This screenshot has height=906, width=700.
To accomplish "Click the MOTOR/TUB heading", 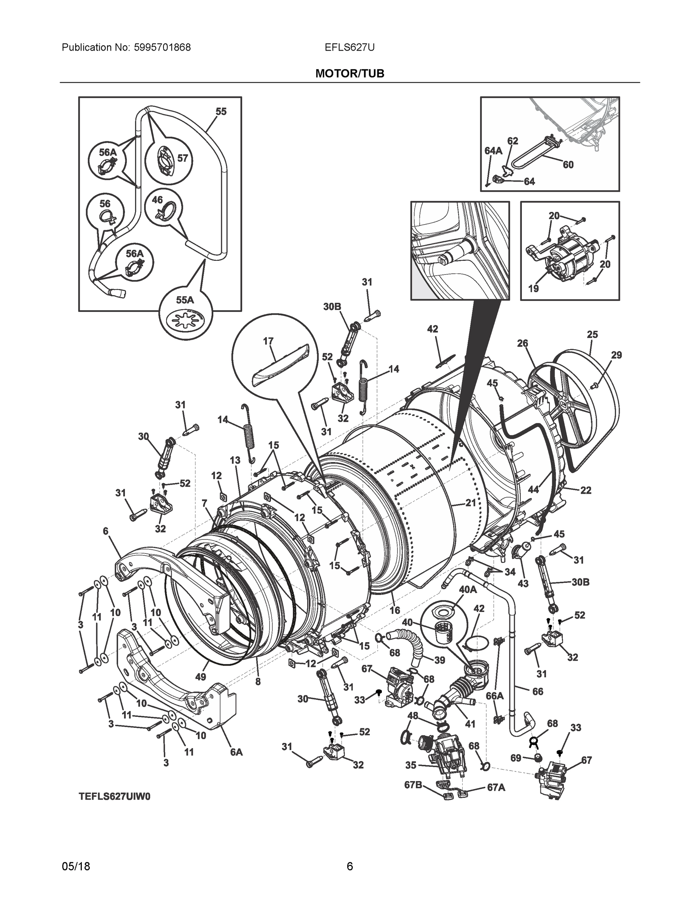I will [349, 74].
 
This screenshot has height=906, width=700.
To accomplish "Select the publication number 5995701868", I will [162, 48].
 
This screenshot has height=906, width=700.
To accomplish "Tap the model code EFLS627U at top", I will [349, 48].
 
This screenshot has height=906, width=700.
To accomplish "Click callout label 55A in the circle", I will [185, 300].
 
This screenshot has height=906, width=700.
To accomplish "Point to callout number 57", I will [183, 158].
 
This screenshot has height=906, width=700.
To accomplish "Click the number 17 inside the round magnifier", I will [268, 341].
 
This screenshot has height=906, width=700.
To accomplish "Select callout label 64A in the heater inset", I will [493, 151].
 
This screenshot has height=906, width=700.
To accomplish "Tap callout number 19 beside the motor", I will [533, 288].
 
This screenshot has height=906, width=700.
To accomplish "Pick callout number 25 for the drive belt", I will [592, 334].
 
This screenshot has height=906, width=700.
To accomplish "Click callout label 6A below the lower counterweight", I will [236, 752].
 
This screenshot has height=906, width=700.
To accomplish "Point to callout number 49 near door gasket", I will [200, 676].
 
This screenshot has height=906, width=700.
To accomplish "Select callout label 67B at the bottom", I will [413, 785].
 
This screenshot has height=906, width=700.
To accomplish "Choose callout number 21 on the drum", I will [470, 503].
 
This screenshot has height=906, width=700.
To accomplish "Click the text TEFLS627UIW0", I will [114, 797].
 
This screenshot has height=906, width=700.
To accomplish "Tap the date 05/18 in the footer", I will [76, 867].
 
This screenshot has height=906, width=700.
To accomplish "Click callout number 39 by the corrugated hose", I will [439, 659].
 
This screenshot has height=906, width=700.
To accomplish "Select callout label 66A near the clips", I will [494, 696].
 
